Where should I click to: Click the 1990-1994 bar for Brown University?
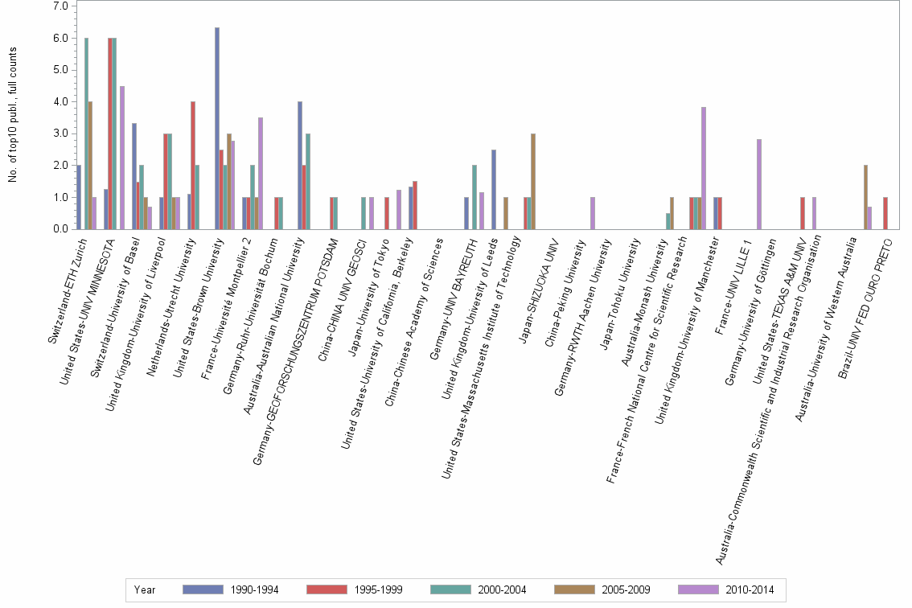tap(217, 129)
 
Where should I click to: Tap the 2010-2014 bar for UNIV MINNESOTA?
tap(122, 158)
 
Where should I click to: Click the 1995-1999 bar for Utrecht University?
tap(193, 165)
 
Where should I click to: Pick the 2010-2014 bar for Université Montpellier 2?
tap(261, 173)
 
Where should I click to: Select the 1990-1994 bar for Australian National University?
tap(300, 165)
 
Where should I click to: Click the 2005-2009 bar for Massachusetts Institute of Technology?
tap(533, 181)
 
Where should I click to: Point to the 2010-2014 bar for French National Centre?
tap(704, 168)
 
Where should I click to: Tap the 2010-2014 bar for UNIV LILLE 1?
tap(759, 184)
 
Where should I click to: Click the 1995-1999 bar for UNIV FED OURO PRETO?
tap(885, 213)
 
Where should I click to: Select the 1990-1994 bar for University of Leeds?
tap(494, 189)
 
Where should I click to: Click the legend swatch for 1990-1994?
tap(202, 590)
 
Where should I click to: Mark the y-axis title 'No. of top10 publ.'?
tap(13, 114)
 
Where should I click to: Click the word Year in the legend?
tap(145, 590)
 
